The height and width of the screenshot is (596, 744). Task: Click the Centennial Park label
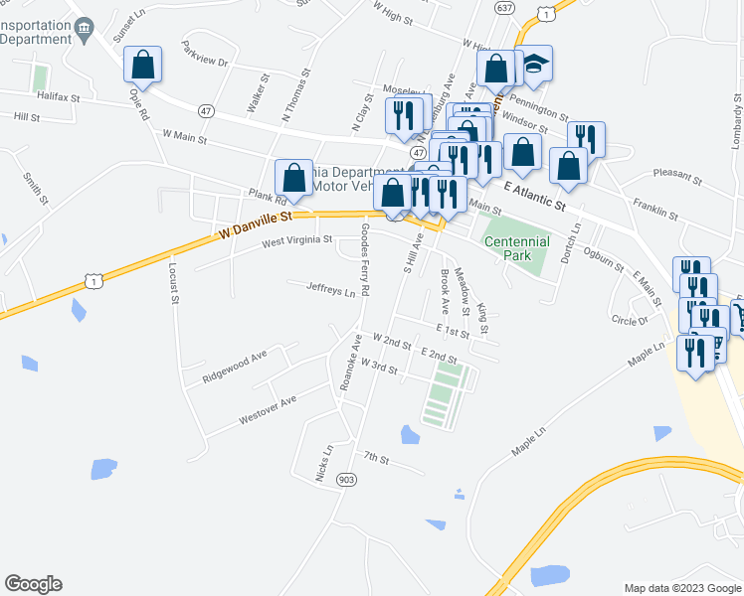click(x=516, y=248)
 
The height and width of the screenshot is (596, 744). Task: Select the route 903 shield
click(x=346, y=480)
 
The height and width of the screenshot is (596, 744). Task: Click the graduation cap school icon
click(x=534, y=67)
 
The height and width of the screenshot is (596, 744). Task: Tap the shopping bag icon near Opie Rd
click(x=143, y=66)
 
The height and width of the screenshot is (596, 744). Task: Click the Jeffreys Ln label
click(x=331, y=289)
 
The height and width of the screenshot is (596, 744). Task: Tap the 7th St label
click(x=376, y=458)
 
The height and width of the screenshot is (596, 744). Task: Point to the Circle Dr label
click(x=630, y=320)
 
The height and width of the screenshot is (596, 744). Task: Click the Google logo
click(x=33, y=584)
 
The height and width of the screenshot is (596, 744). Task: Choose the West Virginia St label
click(x=297, y=240)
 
